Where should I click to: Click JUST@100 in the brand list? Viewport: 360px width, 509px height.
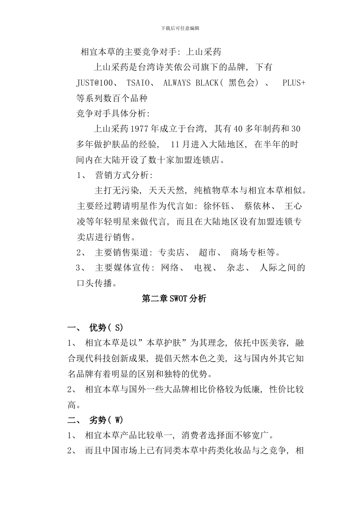pos(94,83)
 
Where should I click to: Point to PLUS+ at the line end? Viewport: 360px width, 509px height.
pos(294,83)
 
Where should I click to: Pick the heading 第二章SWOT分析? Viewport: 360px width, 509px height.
pos(174,299)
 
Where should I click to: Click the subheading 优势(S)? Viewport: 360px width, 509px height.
pos(106,328)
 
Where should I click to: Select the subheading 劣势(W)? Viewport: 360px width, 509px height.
pos(106,420)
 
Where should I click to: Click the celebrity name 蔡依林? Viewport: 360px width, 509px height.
pos(258,206)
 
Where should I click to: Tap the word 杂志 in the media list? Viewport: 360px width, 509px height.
pos(235,268)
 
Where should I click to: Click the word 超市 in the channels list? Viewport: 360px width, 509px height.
pos(208,253)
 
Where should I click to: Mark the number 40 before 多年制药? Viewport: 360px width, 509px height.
pos(238,129)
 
